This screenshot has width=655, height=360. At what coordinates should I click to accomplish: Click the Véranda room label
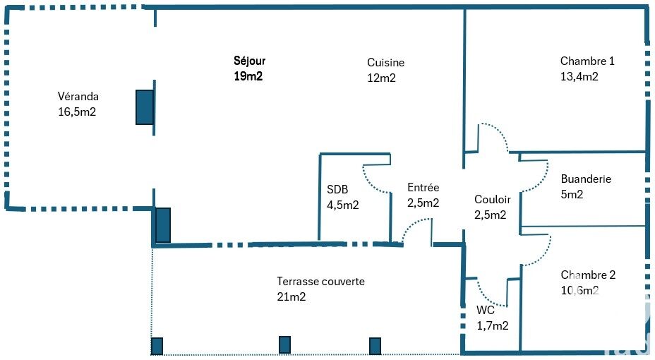[x=78, y=97]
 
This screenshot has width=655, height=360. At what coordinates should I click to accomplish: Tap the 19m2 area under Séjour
[x=248, y=76]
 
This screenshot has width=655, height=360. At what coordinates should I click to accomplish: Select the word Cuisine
[x=385, y=63]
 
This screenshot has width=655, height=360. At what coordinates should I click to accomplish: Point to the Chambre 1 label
[x=587, y=61]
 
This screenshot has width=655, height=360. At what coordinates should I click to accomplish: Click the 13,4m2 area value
[x=579, y=76]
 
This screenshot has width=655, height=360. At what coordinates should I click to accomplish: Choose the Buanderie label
[x=586, y=179]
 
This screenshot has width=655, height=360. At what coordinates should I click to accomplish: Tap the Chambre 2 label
[x=588, y=275]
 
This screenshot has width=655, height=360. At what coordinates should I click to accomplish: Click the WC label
[x=486, y=311]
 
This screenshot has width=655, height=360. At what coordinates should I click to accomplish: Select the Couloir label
[x=493, y=199]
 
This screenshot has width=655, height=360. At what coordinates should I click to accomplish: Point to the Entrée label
[x=423, y=188]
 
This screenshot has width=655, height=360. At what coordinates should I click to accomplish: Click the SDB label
[x=337, y=190]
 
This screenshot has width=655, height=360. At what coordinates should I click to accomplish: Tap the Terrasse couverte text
[x=321, y=282]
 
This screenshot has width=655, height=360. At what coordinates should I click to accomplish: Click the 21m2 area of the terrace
[x=292, y=297]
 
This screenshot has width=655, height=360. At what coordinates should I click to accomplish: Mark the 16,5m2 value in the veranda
[x=77, y=112]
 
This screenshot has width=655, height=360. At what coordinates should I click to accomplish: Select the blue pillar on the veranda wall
[x=145, y=107]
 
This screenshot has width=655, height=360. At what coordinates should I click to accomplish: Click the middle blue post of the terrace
[x=284, y=345]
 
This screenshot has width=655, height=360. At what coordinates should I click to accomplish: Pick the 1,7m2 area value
[x=493, y=325]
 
